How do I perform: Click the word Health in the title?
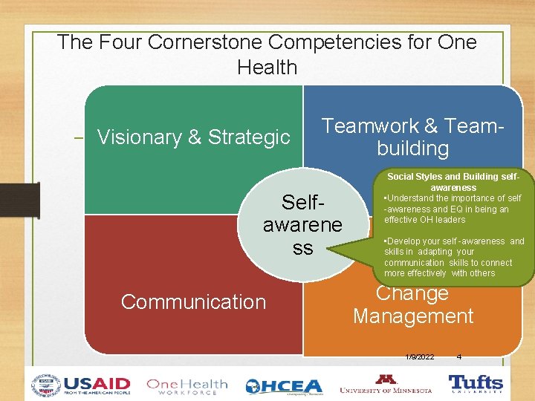[267, 68]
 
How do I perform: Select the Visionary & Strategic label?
[193, 137]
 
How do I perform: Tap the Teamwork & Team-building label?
[412, 137]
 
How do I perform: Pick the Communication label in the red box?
[193, 302]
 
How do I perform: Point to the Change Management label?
[412, 305]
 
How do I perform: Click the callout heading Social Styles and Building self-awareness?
[453, 183]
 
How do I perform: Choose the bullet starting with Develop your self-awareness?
[453, 257]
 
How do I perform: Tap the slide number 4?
[458, 357]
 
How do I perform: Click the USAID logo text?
[97, 385]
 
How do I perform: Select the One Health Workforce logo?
[187, 386]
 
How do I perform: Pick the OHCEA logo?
[284, 386]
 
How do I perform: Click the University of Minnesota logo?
[385, 384]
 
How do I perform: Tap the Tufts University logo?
[476, 384]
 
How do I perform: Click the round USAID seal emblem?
[46, 385]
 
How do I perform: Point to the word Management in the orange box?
[412, 316]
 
